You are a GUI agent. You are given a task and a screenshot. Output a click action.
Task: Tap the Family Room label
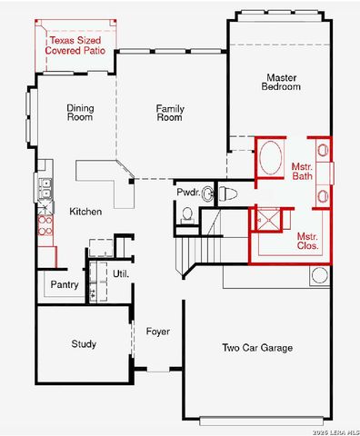click(x=170, y=113)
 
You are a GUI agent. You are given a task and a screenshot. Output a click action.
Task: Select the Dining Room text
click(x=80, y=113)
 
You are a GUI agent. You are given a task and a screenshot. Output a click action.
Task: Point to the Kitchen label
click(x=85, y=212)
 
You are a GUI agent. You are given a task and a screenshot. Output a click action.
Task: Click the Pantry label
click(x=65, y=285)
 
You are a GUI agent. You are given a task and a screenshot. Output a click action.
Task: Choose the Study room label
click(x=84, y=344)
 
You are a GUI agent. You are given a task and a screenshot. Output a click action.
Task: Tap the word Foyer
click(x=158, y=332)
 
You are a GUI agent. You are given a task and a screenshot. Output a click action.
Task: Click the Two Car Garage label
click(x=257, y=348)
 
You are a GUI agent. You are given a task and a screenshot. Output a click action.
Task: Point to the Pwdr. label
click(x=188, y=193)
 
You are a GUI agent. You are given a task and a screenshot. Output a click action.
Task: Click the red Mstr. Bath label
click(x=303, y=172)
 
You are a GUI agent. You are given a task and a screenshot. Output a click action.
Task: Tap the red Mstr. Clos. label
click(x=307, y=242)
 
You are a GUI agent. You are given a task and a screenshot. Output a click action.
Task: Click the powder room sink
click(x=207, y=193)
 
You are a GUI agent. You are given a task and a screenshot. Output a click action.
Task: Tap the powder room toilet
click(x=228, y=193)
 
